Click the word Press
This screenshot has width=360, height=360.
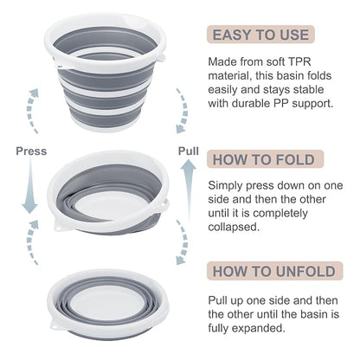point(31,151)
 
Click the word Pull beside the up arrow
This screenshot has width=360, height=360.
point(189,151)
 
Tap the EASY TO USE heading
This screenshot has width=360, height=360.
point(260,35)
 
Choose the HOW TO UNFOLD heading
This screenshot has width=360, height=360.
point(274,271)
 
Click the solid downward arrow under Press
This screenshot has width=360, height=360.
point(30,186)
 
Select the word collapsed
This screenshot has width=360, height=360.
point(234,227)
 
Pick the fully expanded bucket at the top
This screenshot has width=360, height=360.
point(106,72)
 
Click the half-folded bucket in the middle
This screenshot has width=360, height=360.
point(108,193)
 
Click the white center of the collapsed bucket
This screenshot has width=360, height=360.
point(108,302)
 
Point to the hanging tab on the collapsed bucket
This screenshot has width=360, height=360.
point(57,325)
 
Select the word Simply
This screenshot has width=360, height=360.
point(225,186)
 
